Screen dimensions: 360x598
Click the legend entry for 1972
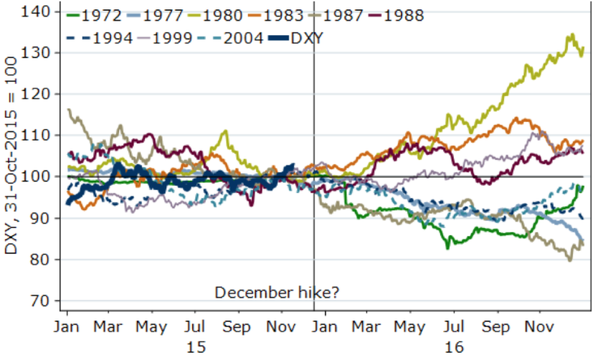click(x=92, y=15)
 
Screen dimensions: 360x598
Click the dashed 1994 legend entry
click(x=108, y=37)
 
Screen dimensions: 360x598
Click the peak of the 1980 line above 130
click(x=571, y=34)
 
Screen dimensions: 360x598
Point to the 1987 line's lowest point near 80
click(x=571, y=260)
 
